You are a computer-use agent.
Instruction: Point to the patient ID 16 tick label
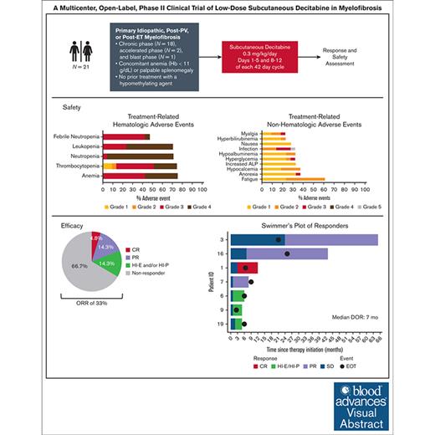(x=222, y=253)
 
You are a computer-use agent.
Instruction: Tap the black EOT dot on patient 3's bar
(x=278, y=239)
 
